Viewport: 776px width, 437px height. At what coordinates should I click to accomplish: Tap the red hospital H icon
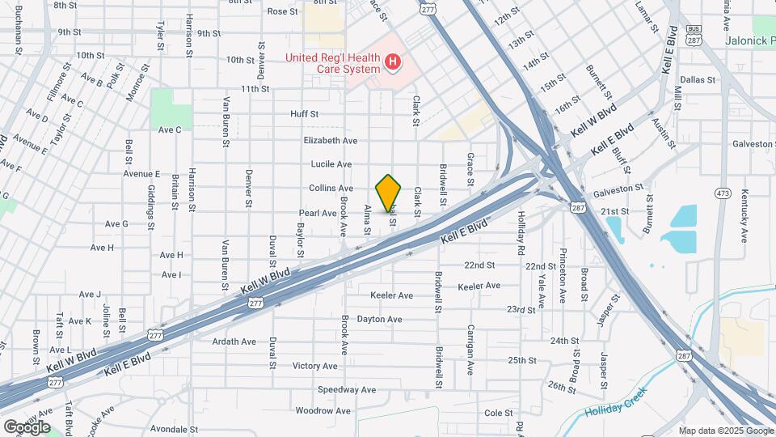click(393, 62)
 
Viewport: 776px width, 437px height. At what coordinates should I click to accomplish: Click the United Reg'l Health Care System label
click(331, 62)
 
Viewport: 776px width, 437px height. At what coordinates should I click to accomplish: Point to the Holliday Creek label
click(618, 409)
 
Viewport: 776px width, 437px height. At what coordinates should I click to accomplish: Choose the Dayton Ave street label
click(379, 320)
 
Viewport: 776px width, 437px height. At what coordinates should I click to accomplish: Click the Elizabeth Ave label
click(330, 140)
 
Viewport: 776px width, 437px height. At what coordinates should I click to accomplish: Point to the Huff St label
click(305, 115)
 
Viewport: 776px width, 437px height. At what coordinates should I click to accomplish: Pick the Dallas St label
click(698, 80)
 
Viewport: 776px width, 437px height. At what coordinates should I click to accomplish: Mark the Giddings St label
click(150, 207)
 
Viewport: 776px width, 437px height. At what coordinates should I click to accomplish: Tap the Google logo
click(27, 426)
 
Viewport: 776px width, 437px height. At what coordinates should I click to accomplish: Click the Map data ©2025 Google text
click(725, 430)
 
